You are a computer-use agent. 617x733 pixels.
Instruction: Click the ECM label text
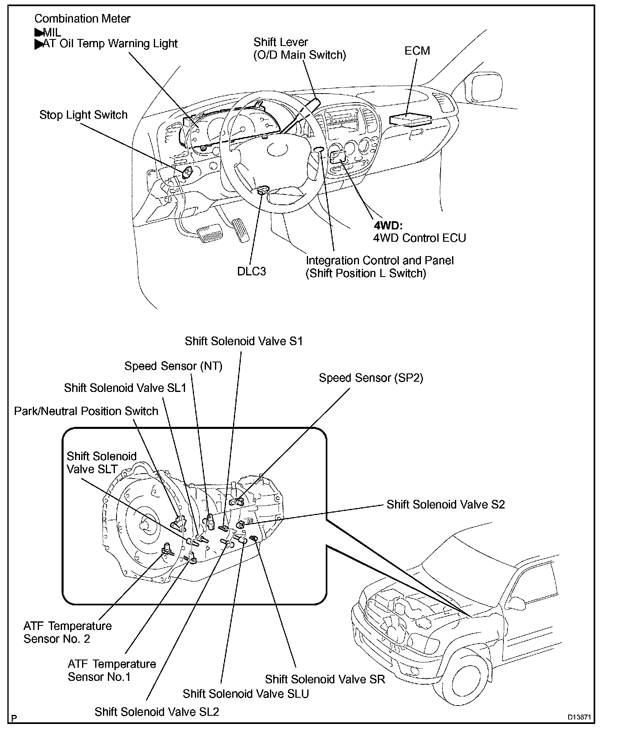coord(417,50)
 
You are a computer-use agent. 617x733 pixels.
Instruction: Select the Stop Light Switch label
coord(83,115)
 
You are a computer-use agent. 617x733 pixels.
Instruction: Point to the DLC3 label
coord(251,271)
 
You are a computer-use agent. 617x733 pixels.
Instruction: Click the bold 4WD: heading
coord(388,225)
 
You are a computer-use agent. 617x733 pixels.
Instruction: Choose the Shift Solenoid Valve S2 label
coord(446,504)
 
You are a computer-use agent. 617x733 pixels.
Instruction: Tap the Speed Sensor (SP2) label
coord(371,378)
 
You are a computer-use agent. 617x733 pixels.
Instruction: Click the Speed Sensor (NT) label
coord(173,366)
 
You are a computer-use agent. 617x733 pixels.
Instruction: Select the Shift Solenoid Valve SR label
coord(325,679)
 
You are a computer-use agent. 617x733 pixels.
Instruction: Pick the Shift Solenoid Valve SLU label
coord(246,694)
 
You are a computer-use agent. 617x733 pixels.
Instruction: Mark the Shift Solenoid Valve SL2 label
coord(157,712)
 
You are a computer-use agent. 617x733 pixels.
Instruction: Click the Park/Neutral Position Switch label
coord(86,411)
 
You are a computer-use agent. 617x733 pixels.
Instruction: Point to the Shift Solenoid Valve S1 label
coord(244,341)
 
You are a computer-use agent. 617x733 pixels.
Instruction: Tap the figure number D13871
coord(579,717)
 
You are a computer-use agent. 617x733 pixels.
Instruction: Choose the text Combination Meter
coord(82,18)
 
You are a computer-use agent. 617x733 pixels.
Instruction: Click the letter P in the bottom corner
coord(14,718)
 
